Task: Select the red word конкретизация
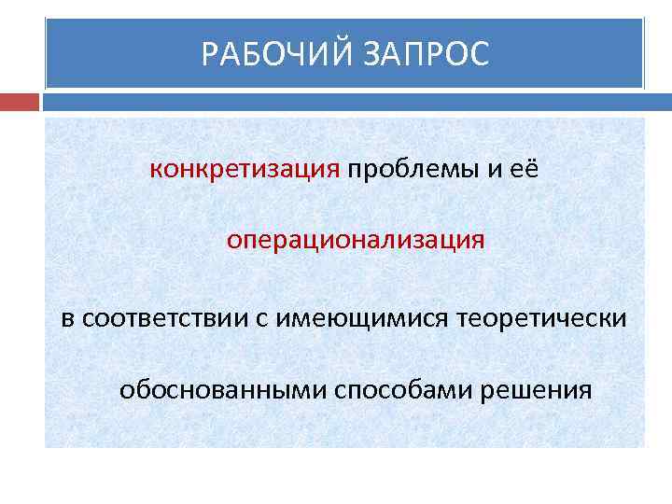point(245,168)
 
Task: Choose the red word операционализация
point(355,240)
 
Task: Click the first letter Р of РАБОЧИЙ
point(210,54)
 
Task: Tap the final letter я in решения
point(584,390)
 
